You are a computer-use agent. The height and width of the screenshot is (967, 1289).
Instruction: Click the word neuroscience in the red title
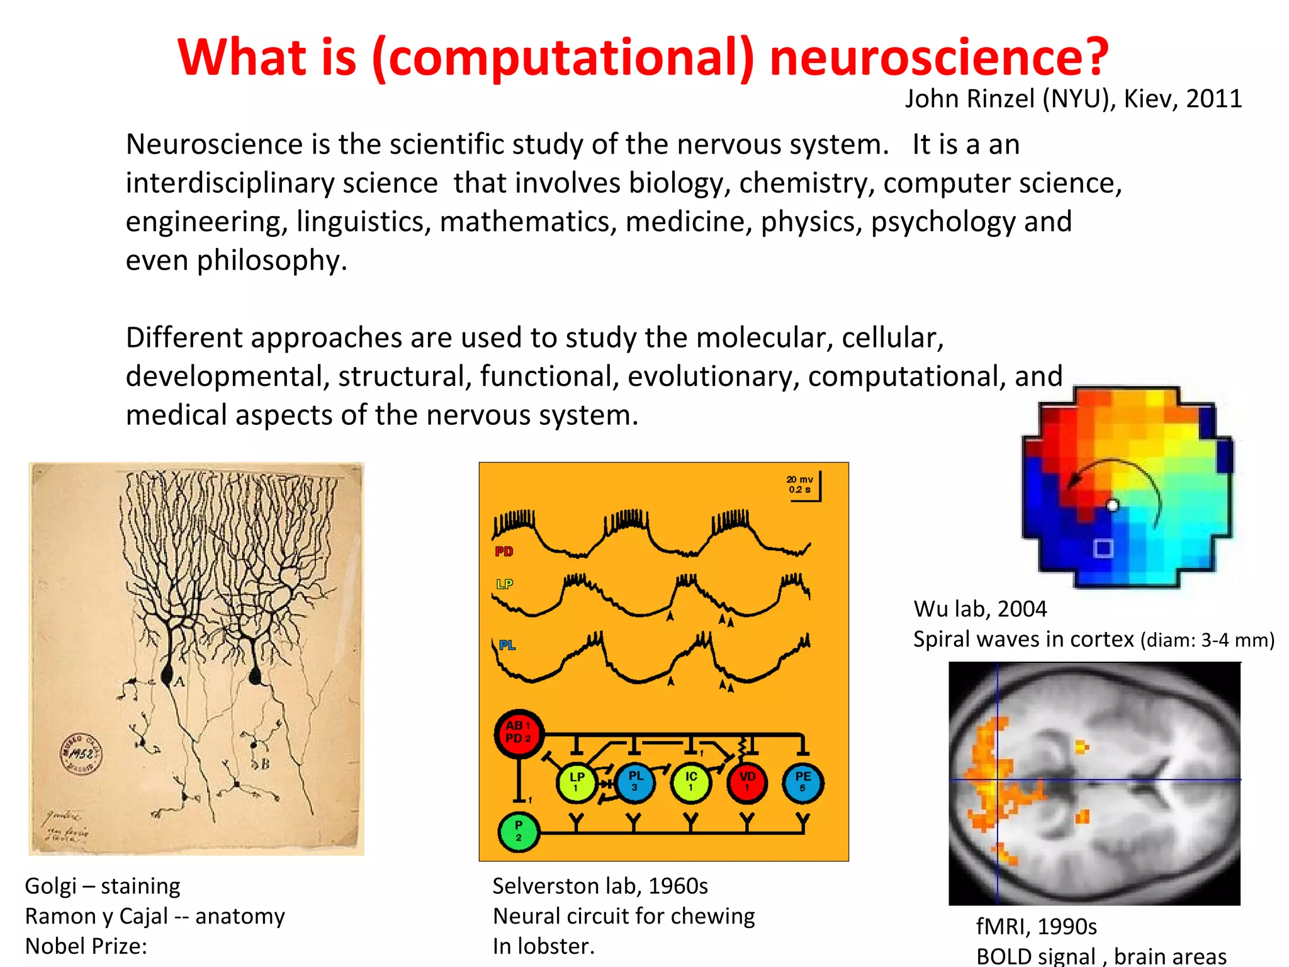tap(938, 58)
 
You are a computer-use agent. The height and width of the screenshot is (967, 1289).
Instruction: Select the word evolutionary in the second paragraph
tap(712, 376)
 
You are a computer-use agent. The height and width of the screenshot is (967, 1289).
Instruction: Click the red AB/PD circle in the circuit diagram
tap(518, 733)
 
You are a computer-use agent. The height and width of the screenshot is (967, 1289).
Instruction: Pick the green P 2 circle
tap(518, 831)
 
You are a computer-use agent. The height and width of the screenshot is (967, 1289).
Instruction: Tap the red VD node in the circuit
tap(747, 783)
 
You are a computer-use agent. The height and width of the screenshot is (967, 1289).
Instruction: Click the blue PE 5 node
tap(802, 783)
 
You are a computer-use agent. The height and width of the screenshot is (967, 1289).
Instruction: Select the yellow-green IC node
tap(691, 783)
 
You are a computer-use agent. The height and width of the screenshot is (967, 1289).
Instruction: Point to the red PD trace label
tap(504, 551)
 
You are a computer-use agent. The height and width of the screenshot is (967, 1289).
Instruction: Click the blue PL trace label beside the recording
tap(507, 645)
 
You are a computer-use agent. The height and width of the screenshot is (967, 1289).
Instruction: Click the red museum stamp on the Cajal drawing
tap(81, 754)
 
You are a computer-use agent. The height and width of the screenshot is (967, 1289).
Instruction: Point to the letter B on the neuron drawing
tap(265, 764)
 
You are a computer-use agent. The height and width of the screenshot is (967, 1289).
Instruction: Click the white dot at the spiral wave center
tap(1113, 505)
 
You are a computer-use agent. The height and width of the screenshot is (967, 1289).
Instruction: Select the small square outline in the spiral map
tap(1103, 548)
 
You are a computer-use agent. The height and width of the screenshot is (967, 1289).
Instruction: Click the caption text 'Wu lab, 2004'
tap(980, 609)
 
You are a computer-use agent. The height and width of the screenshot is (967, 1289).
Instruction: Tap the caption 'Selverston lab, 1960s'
tap(600, 886)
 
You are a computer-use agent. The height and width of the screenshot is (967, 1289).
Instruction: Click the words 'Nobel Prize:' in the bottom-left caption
tap(86, 946)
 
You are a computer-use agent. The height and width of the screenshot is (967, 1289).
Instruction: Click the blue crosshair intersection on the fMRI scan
tap(998, 780)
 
